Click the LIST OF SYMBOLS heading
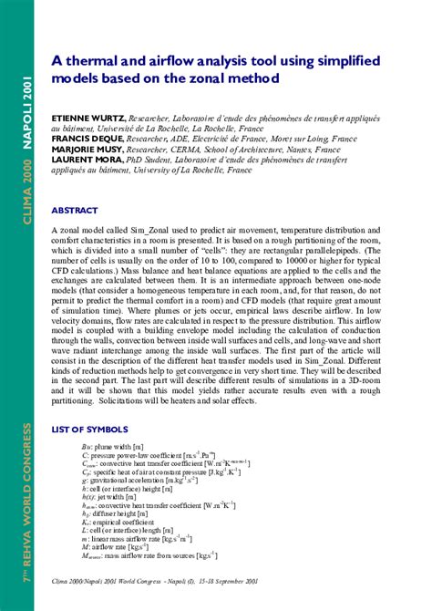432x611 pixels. [89, 429]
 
